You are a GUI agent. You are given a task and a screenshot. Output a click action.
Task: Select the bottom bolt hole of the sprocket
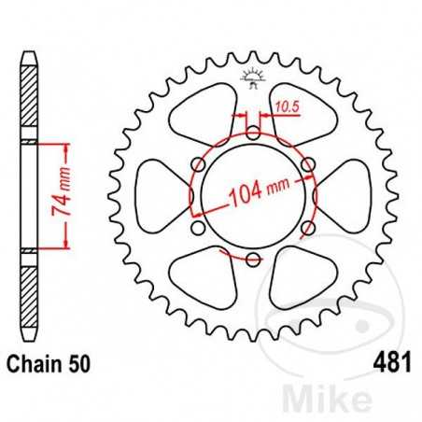pos(253,258)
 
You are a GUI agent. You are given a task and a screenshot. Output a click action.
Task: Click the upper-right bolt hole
pos(306,165)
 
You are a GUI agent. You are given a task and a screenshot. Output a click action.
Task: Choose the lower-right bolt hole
pos(306,227)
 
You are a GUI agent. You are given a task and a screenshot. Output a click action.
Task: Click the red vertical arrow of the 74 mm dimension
pos(66,196)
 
